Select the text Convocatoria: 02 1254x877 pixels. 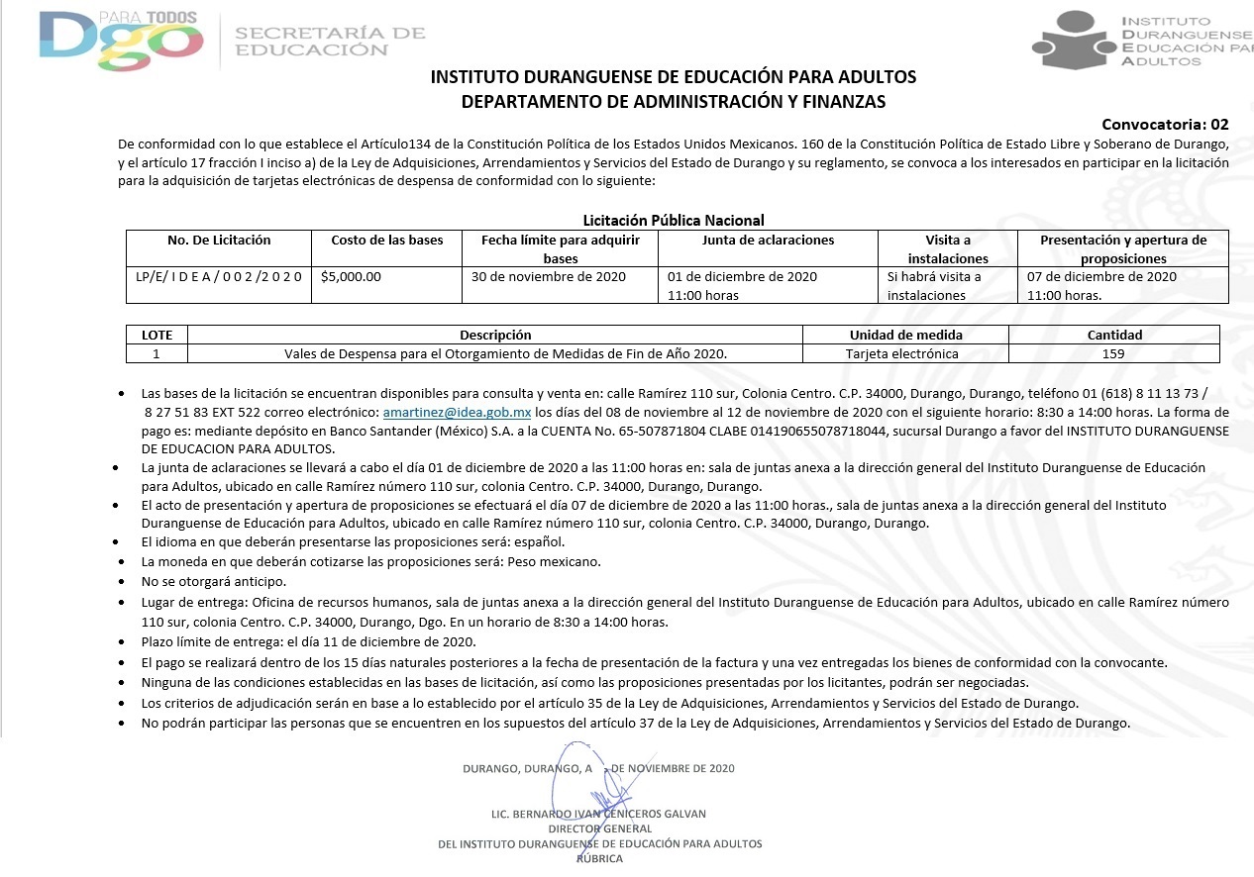[1165, 125]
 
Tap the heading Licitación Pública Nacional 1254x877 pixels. [674, 221]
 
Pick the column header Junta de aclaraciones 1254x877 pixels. [768, 241]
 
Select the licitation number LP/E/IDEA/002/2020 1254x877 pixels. [218, 277]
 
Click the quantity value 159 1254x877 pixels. [1113, 353]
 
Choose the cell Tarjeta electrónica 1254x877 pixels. [901, 353]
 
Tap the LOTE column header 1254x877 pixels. [157, 335]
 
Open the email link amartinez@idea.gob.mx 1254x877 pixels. [457, 412]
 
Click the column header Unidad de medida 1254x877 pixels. [905, 335]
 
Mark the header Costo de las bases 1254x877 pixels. [386, 241]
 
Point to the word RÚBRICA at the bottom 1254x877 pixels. [599, 859]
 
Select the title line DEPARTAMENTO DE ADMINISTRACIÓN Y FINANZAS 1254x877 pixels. [674, 101]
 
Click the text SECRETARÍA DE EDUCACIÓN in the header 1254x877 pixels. [330, 42]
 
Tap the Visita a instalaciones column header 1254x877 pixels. [947, 248]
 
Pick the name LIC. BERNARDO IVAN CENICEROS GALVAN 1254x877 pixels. [598, 815]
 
